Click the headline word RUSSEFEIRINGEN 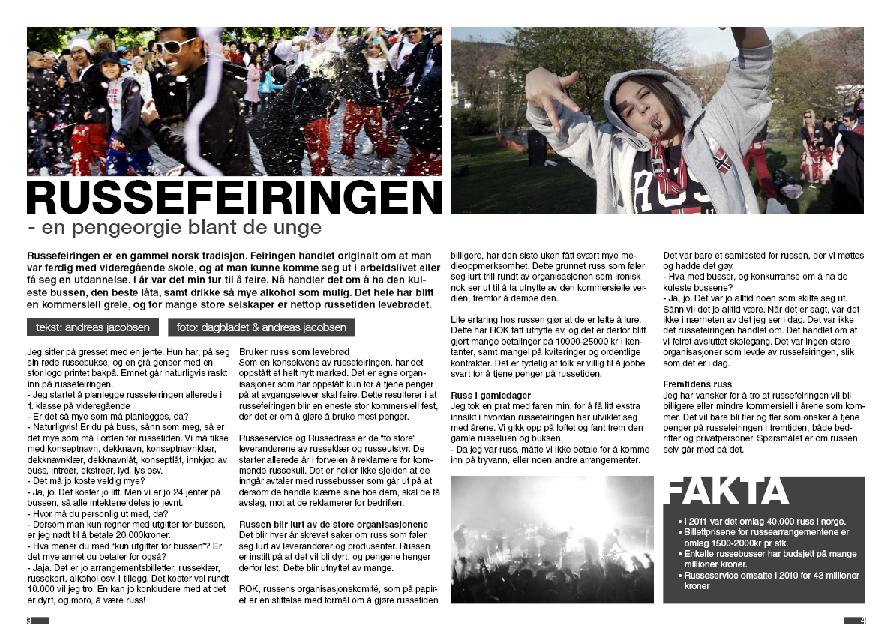coord(234,196)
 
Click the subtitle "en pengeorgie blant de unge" coord(174,228)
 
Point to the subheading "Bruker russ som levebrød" coord(284,351)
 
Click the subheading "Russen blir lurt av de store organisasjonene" coord(334,524)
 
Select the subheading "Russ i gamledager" coord(491,395)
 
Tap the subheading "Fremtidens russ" coord(697,384)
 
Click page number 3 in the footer coord(29,620)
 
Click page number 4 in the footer coord(863,620)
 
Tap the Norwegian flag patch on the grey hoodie coord(721,159)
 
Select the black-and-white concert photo coord(552,538)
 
